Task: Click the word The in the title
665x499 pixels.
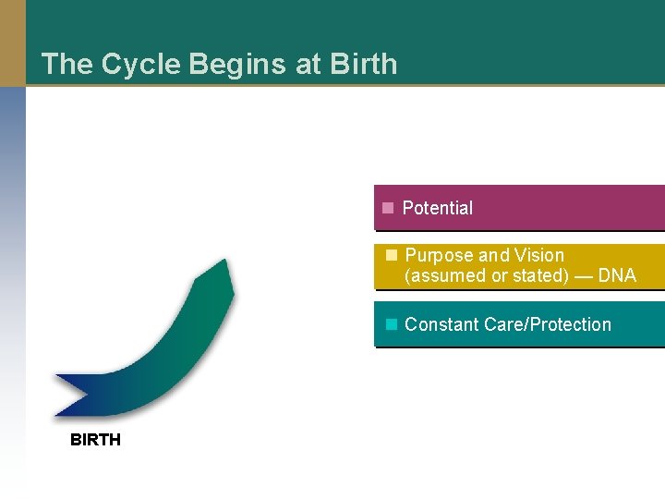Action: (66, 65)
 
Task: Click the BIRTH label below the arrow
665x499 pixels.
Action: (95, 440)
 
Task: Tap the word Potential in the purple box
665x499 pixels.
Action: (438, 209)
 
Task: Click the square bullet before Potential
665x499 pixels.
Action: (389, 208)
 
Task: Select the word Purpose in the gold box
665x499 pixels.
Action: (439, 256)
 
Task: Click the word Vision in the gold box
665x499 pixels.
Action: (539, 256)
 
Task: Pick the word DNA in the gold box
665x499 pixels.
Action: (617, 276)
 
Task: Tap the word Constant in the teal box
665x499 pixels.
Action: (441, 324)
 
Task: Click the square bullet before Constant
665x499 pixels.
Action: (391, 324)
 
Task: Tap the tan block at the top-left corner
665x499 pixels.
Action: (13, 43)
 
